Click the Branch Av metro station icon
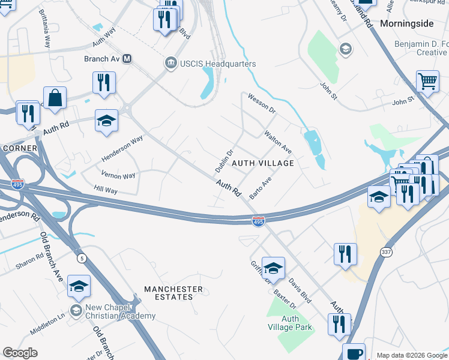coord(127,59)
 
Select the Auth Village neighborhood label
coord(263,163)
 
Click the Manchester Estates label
coord(173,293)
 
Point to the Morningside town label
coord(406,23)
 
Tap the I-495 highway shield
coord(258,222)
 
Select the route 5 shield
coord(82,258)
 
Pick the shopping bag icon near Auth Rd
coord(55,98)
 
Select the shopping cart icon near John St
coord(427,81)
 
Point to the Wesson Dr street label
coord(261,104)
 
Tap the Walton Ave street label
coord(278,142)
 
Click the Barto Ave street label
coord(261,187)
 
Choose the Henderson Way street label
coord(122,148)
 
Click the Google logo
coord(20,353)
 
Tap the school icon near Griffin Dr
coord(273,268)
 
